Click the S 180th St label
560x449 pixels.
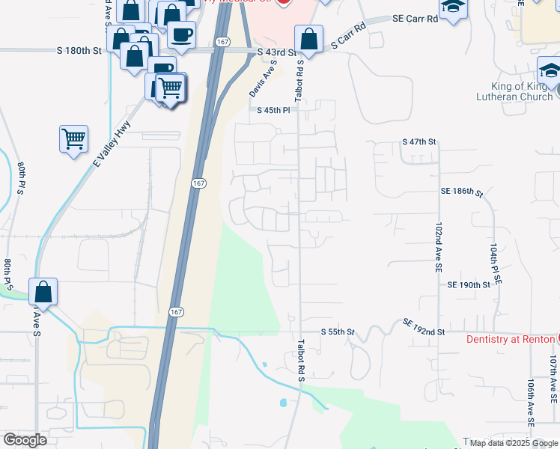tap(79, 51)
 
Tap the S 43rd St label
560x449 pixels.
tap(276, 53)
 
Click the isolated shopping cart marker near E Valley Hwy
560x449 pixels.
tap(73, 138)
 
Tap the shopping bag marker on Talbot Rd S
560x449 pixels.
tap(308, 38)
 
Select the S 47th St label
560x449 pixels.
tap(419, 141)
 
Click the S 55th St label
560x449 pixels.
tap(337, 331)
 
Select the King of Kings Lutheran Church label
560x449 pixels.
tap(517, 91)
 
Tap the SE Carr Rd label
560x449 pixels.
tap(417, 19)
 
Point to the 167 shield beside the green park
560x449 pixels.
tap(174, 311)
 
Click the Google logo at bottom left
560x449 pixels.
tap(25, 440)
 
